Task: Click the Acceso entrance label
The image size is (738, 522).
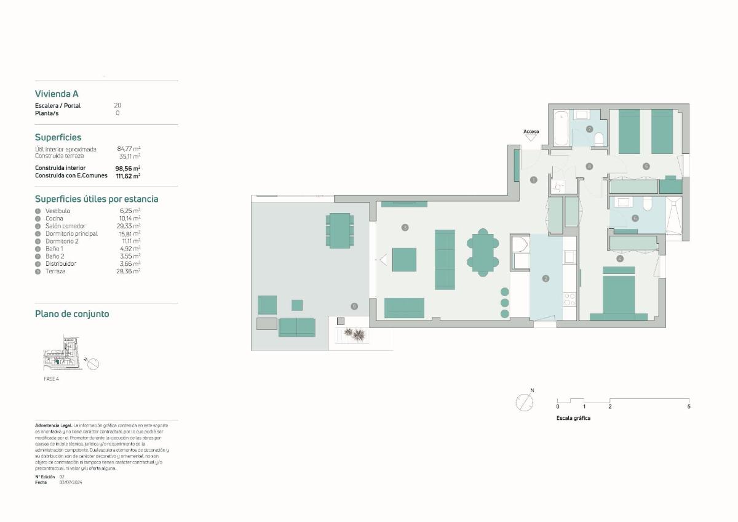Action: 531,132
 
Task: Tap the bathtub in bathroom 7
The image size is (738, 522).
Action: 561,128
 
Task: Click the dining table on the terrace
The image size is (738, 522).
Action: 340,230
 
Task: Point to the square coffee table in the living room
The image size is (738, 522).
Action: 404,260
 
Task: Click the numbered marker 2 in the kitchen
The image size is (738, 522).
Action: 545,279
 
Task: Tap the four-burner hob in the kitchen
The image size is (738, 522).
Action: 569,300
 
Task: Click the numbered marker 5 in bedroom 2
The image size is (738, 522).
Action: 646,166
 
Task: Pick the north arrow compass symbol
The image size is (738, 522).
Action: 525,403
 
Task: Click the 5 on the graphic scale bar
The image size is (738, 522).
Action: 689,406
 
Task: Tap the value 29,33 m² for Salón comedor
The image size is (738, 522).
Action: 130,226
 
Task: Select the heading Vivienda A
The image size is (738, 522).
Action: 57,94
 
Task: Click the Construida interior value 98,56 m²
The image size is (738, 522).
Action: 128,168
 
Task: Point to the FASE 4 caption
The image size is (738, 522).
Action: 51,379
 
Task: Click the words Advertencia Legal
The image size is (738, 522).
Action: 54,425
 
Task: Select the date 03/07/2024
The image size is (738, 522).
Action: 71,483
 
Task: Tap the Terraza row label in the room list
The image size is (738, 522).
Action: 55,271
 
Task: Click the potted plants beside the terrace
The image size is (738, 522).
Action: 355,334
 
